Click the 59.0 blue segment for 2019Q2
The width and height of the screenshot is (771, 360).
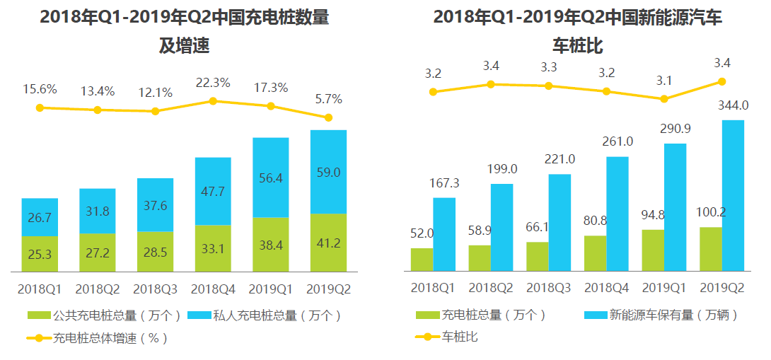tap(328, 172)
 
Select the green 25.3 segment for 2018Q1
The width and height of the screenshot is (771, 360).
tap(40, 254)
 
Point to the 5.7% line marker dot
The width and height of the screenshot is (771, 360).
tap(328, 117)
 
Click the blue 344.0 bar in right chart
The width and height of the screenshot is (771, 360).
tap(733, 195)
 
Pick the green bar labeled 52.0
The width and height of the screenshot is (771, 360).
tap(422, 260)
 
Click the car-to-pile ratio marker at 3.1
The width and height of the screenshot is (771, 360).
tap(664, 99)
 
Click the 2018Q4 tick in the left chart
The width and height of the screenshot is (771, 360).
tap(213, 289)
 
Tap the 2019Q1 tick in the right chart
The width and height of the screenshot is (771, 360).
tap(663, 289)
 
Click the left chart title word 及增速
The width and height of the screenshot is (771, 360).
tap(184, 47)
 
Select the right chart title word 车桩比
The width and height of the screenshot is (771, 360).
tap(577, 47)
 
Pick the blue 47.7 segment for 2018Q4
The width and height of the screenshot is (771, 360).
tap(213, 191)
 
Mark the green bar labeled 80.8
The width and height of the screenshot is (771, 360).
tap(595, 253)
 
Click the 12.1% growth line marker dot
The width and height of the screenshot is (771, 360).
tap(156, 111)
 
